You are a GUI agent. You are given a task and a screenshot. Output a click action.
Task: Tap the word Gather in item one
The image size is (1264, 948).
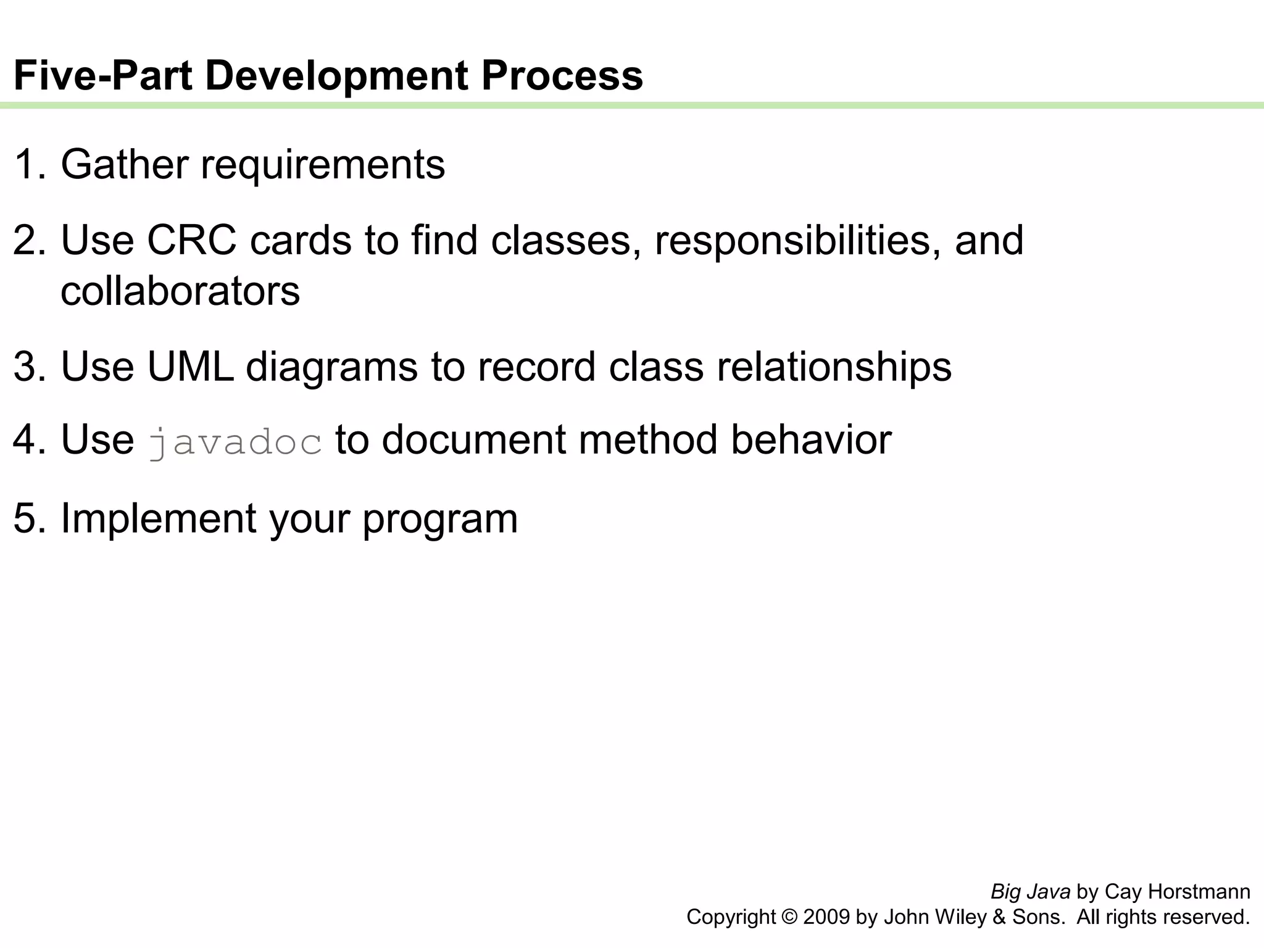124,165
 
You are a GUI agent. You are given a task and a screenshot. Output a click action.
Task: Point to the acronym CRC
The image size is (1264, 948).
191,240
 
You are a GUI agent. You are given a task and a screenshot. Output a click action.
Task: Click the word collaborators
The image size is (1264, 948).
180,291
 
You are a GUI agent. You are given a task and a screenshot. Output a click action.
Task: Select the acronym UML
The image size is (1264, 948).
190,367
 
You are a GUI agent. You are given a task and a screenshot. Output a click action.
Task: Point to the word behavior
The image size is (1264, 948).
811,441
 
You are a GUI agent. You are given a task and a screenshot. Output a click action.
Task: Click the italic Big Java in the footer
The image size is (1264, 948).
1030,892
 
